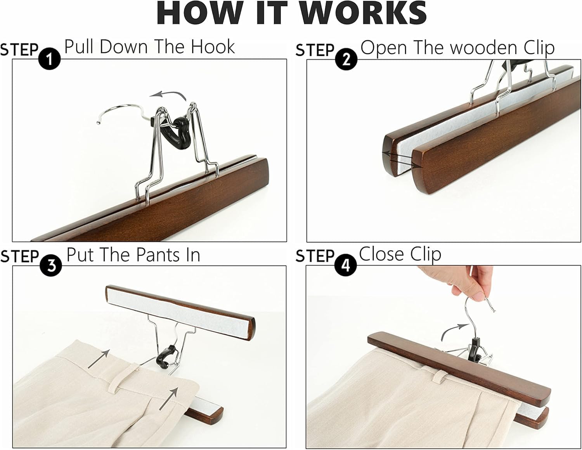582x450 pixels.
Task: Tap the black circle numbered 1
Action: (x=49, y=59)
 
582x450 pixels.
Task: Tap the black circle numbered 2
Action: (x=346, y=59)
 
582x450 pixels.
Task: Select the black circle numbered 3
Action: (x=50, y=266)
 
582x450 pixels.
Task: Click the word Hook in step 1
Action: (x=213, y=47)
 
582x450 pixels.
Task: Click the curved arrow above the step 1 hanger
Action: (x=168, y=95)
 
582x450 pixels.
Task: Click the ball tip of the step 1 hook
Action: (x=98, y=123)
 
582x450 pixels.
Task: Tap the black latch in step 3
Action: (x=166, y=357)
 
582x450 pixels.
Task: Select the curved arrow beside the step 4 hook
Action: (x=451, y=331)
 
